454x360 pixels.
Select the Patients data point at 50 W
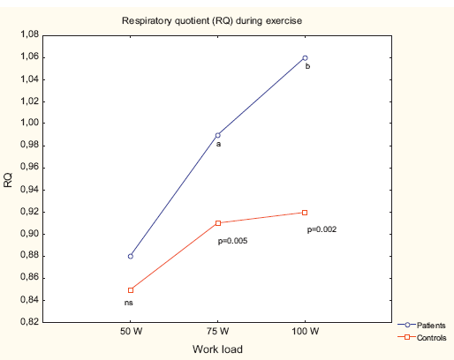[x=131, y=256]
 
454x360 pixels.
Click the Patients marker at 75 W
[x=217, y=135]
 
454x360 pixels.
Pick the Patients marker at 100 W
[x=305, y=57]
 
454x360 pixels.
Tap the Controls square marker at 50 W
[x=131, y=289]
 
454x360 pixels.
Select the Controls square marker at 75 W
[x=217, y=222]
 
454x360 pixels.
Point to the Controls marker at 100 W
[x=305, y=212]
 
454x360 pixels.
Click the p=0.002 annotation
[x=322, y=229]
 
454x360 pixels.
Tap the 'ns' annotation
[x=130, y=304]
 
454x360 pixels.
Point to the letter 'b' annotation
[x=307, y=66]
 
